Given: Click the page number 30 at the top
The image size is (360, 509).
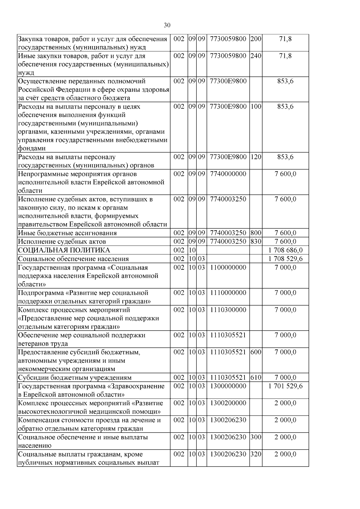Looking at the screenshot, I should click(x=167, y=25).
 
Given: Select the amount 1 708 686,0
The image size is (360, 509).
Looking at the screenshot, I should click(x=285, y=250).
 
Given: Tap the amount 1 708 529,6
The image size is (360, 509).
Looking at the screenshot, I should click(x=285, y=259).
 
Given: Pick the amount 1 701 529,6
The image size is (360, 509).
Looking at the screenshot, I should click(x=285, y=386).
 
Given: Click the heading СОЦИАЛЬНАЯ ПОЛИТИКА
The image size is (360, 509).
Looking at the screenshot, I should click(x=64, y=250).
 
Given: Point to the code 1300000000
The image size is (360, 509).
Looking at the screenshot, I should click(x=228, y=386).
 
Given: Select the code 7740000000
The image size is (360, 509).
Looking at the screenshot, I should click(x=228, y=174).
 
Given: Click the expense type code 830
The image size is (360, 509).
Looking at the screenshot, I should click(x=256, y=241).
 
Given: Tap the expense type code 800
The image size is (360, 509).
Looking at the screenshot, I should click(x=256, y=233).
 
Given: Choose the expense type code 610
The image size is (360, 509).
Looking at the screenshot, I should click(x=256, y=377).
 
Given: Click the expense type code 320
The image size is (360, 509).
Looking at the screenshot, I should click(x=256, y=454).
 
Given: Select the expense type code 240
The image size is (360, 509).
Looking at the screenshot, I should click(x=256, y=56).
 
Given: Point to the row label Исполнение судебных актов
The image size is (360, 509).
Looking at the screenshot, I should click(x=62, y=241).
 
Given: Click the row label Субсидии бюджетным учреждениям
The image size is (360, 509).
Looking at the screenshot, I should click(x=75, y=377).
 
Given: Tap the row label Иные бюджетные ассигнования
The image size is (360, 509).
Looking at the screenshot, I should click(x=67, y=233).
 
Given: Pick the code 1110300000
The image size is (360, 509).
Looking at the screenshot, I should click(x=228, y=310).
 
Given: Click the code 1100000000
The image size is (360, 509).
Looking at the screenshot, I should click(x=228, y=267).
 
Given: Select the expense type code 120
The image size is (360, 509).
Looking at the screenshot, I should click(x=256, y=157).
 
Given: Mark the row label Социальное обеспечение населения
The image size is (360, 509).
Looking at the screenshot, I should click(x=73, y=259).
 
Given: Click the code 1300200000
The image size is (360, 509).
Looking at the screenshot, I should click(x=228, y=403).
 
